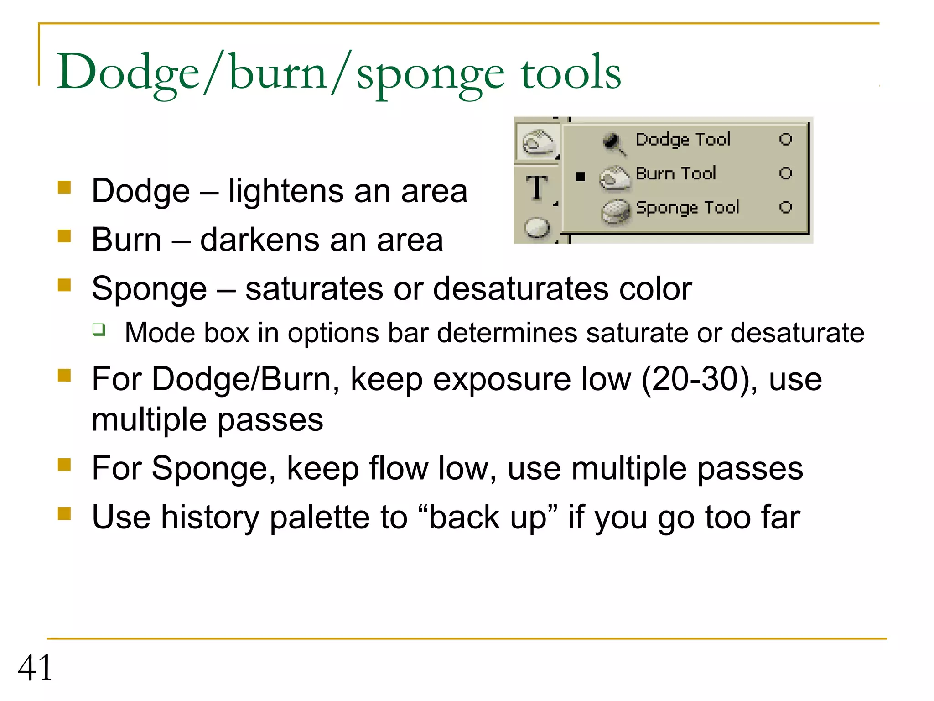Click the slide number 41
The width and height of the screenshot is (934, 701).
click(x=35, y=667)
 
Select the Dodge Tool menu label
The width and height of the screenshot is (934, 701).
click(x=683, y=139)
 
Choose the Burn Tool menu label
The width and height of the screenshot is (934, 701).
click(x=675, y=173)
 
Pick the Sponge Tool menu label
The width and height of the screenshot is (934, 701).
click(x=687, y=208)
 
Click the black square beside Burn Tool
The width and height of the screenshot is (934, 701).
click(x=580, y=176)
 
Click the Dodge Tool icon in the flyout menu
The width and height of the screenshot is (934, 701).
click(x=613, y=142)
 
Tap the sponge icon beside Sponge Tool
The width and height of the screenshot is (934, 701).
click(x=616, y=211)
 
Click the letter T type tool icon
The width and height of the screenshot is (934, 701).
click(x=537, y=188)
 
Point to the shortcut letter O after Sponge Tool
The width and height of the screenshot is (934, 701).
click(x=785, y=208)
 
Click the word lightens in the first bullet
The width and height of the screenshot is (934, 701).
click(x=285, y=191)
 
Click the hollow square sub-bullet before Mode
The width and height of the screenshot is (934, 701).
click(x=99, y=330)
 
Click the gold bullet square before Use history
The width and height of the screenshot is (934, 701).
click(x=64, y=514)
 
